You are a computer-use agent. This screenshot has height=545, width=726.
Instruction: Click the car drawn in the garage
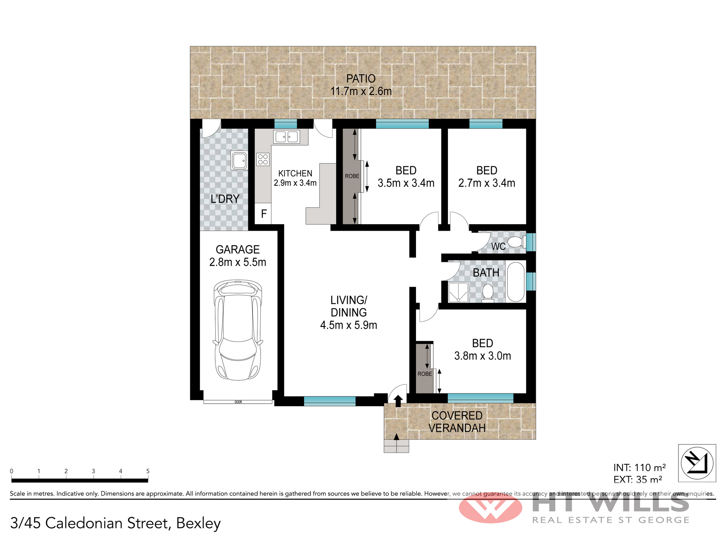(x=238, y=330)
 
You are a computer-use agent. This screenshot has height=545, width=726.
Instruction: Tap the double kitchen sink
(x=287, y=137)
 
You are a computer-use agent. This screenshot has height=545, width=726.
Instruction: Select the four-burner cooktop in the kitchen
(x=263, y=159)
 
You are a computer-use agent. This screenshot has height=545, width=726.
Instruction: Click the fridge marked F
(x=264, y=214)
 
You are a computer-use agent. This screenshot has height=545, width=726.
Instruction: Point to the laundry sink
(x=240, y=161)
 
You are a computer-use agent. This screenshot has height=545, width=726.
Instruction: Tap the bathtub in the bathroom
(x=516, y=282)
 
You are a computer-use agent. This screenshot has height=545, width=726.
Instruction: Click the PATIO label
(x=361, y=78)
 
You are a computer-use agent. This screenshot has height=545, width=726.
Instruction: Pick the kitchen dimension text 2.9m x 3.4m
(x=295, y=183)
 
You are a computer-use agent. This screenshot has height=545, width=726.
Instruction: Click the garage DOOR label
(x=238, y=402)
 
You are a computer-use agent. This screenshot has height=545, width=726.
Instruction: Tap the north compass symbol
(x=697, y=463)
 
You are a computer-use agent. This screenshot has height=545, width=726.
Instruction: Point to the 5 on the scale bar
(x=148, y=471)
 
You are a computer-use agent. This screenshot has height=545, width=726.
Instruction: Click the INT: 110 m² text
(x=640, y=468)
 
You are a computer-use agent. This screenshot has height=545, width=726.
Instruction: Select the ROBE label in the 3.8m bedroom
(x=425, y=374)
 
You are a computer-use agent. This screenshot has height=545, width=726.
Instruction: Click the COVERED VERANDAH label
(x=457, y=422)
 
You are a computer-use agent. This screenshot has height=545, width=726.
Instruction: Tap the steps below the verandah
(x=396, y=446)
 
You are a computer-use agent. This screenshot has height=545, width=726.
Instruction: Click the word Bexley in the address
(x=199, y=524)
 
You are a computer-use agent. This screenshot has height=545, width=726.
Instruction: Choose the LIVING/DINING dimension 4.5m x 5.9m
(x=348, y=325)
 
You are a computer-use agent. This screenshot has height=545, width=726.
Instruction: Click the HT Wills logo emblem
(x=490, y=508)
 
